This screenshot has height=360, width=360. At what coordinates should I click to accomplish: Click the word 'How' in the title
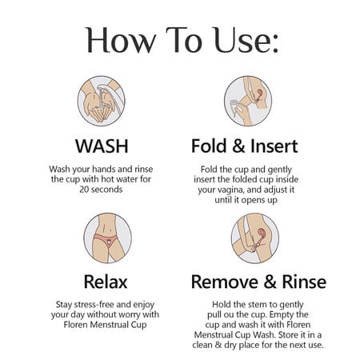point(121,40)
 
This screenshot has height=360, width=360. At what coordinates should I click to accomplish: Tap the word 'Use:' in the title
point(246,40)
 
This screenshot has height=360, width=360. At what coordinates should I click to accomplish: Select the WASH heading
point(102,146)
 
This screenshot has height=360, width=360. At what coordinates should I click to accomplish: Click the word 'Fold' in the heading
point(209,146)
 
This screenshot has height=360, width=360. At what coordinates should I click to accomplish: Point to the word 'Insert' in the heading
point(274,146)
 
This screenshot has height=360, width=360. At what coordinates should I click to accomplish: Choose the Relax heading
point(106,282)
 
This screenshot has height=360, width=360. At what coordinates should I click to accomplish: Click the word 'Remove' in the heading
point(225,282)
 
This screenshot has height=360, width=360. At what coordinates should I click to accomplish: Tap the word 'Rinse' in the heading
point(304,282)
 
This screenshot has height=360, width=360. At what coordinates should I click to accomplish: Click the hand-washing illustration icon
point(102,101)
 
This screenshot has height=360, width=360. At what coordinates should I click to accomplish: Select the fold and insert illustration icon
point(248,101)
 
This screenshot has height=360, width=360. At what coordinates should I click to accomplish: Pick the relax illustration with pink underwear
point(107,238)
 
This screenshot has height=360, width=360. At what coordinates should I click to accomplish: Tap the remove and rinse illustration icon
point(255,238)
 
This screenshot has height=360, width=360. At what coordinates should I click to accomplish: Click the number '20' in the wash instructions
point(84,190)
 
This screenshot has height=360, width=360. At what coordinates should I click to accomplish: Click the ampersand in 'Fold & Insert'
point(238,146)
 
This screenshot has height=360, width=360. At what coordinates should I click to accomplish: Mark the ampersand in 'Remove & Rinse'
point(270,282)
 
